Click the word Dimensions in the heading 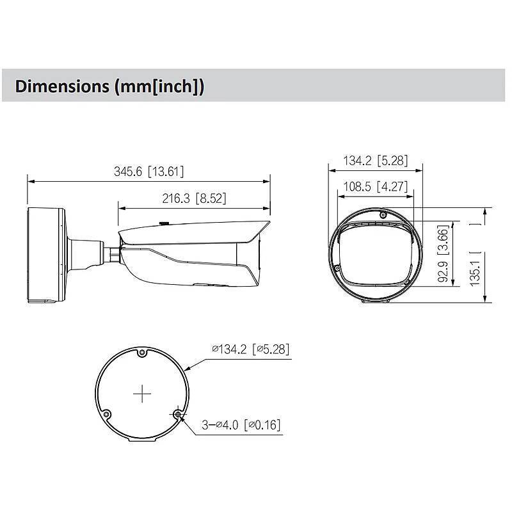coord(61,86)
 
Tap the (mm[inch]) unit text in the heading coord(159,86)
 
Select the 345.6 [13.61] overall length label coord(148,172)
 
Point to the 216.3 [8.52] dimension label coord(193,198)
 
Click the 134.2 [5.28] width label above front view coord(375,161)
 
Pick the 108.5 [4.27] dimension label coord(375,188)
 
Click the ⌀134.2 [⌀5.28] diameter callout coord(250,349)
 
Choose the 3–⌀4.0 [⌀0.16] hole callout coord(241,424)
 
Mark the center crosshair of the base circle coord(141,394)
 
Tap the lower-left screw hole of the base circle coord(107,413)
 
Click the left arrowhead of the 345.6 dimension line coord(29,180)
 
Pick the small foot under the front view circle coord(375,300)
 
